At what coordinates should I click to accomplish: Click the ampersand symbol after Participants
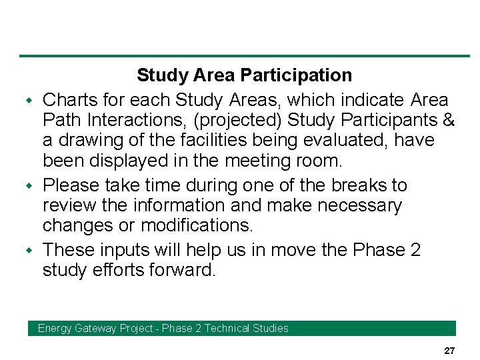449,121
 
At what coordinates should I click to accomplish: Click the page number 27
449,351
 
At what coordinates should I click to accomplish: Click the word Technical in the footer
226,328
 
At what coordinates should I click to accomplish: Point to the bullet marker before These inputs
29,251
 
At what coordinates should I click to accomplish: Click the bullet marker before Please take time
29,186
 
